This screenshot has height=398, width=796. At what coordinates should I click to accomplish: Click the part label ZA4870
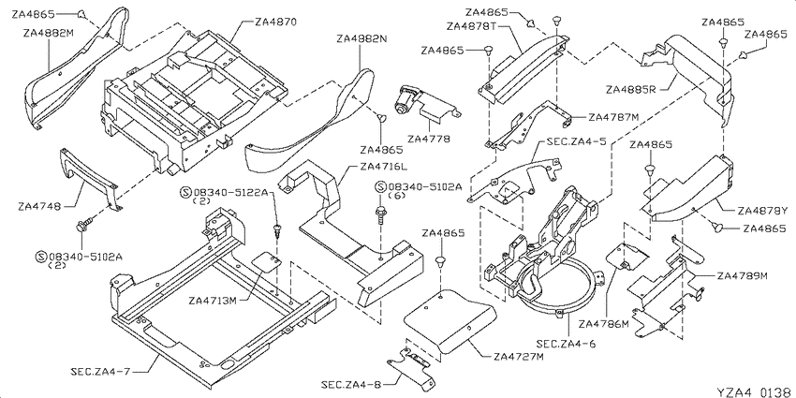coord(275,22)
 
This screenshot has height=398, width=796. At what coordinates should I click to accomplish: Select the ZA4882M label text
coord(48,34)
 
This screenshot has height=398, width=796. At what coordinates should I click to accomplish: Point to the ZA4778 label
coord(429,139)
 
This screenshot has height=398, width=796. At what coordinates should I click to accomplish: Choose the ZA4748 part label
coord(39,207)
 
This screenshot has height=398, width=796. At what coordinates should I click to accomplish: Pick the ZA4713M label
coord(213,301)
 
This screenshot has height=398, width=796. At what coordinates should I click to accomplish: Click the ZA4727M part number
coord(518,357)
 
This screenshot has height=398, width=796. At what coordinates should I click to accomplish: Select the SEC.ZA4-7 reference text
coord(100,372)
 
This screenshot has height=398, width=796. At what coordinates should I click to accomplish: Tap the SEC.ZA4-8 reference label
coord(351,384)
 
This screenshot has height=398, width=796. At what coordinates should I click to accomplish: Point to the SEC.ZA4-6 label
coord(566,345)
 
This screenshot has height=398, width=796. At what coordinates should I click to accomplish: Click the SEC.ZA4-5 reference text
coord(576,141)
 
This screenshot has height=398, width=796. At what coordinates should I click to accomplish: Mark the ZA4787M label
coord(613,117)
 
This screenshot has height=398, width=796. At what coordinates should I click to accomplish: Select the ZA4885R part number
coord(631,90)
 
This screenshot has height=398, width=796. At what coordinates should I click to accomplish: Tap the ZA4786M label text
coord(604,323)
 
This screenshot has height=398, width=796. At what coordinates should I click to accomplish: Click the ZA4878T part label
coord(472,25)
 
